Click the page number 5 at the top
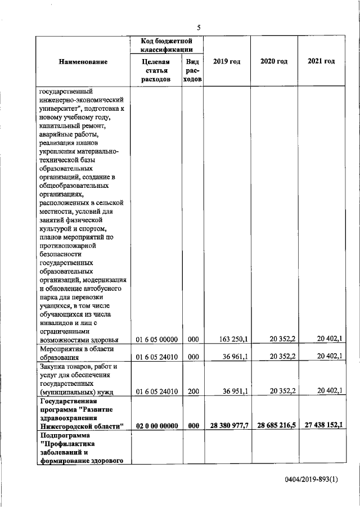click(x=199, y=28)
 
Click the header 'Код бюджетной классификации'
click(x=167, y=45)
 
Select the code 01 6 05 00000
click(x=157, y=339)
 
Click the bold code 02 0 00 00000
click(x=157, y=426)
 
